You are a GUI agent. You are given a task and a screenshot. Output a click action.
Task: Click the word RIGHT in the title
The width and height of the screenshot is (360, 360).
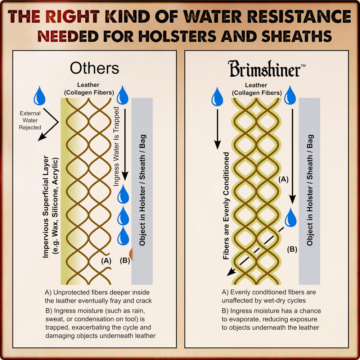(x=73, y=17)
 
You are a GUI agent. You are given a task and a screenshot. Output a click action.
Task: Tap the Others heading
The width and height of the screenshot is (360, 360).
(x=94, y=68)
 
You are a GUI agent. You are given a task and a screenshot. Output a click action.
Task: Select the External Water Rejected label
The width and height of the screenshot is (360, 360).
(x=30, y=120)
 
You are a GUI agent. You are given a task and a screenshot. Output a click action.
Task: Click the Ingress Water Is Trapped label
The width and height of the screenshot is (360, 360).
(x=116, y=147)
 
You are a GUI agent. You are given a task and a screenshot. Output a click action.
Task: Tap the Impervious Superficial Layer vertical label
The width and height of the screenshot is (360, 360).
(x=46, y=207)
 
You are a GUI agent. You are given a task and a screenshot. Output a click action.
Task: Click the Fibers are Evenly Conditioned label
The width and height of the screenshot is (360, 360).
(x=226, y=206)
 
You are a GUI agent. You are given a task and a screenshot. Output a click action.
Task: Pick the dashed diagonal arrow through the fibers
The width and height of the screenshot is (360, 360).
(x=255, y=252)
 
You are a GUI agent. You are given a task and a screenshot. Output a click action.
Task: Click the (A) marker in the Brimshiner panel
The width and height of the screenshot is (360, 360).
(x=283, y=179)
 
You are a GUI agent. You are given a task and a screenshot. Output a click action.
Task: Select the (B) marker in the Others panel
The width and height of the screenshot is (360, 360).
(x=125, y=260)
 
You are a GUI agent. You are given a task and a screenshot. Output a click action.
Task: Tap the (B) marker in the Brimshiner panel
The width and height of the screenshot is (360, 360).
(x=292, y=249)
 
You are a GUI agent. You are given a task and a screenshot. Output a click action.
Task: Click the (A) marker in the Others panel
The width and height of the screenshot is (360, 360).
(x=106, y=261)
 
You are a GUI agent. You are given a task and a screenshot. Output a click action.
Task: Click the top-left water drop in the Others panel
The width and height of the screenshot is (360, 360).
(x=40, y=96)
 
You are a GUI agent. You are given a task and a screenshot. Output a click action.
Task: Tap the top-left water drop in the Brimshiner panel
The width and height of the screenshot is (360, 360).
(x=217, y=96)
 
